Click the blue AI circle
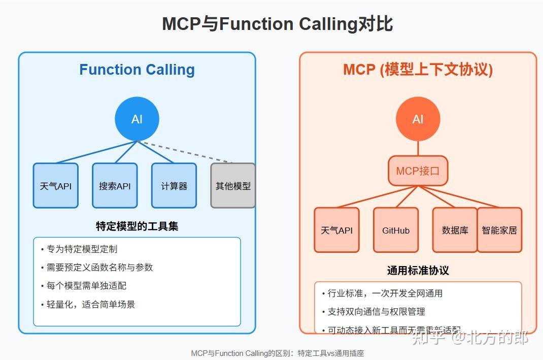pyautogui.click(x=137, y=119)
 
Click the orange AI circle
pyautogui.click(x=418, y=119)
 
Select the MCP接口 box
pyautogui.click(x=418, y=171)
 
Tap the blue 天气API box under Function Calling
pyautogui.click(x=56, y=185)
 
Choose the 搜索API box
pyautogui.click(x=115, y=185)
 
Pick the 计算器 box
pyautogui.click(x=174, y=185)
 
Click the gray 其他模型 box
pyautogui.click(x=233, y=185)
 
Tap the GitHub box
pyautogui.click(x=396, y=230)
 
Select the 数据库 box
pyautogui.click(x=455, y=230)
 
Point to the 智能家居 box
pyautogui.click(x=499, y=230)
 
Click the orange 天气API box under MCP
pyautogui.click(x=336, y=230)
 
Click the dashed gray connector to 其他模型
pyautogui.click(x=188, y=152)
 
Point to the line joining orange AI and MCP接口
pyautogui.click(x=418, y=148)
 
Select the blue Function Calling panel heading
pyautogui.click(x=137, y=70)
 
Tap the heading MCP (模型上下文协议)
pyautogui.click(x=418, y=70)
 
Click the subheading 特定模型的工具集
pyautogui.click(x=137, y=226)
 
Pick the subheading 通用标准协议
pyautogui.click(x=418, y=270)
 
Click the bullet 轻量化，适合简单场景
pyautogui.click(x=91, y=304)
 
